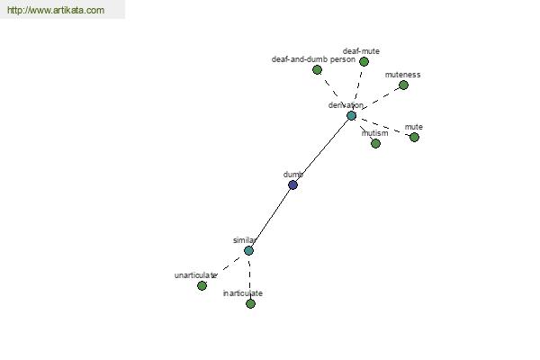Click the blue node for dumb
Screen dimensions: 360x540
[x=292, y=185]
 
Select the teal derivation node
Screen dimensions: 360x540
[x=351, y=115]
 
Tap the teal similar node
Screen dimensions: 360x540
[x=248, y=250]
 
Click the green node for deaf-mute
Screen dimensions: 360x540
[x=364, y=62]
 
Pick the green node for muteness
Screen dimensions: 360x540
[x=403, y=85]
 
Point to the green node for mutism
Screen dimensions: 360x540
[x=375, y=143]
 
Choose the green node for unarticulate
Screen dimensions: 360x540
[x=202, y=285]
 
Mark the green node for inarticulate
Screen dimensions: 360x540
[x=250, y=303]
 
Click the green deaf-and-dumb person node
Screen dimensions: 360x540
[x=317, y=69]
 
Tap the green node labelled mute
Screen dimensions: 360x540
[x=414, y=137]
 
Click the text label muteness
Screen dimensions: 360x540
[x=402, y=75]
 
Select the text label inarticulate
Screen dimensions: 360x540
[x=243, y=293]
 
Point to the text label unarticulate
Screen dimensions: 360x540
[x=195, y=274]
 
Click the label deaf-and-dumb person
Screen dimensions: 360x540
[x=313, y=59]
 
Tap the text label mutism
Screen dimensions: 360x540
[x=374, y=133]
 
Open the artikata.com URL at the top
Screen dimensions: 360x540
[x=55, y=11]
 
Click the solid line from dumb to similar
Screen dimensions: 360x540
[x=270, y=218]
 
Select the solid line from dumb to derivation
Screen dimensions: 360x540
[x=321, y=150]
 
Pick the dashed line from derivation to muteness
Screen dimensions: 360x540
[x=378, y=100]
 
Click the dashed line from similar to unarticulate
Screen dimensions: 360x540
[x=225, y=268]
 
